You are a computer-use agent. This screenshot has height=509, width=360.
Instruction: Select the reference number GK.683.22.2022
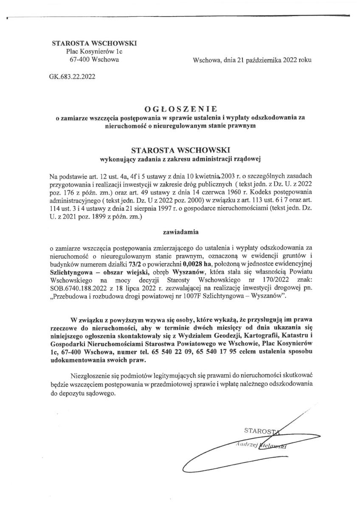[72, 77]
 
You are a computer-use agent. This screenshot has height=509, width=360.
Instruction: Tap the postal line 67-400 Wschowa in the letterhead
[94, 59]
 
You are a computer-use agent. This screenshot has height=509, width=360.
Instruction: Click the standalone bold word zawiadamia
[180, 232]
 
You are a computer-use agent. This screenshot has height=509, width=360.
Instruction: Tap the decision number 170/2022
[268, 280]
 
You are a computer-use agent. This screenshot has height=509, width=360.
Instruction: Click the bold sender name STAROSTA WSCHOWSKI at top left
[94, 43]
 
